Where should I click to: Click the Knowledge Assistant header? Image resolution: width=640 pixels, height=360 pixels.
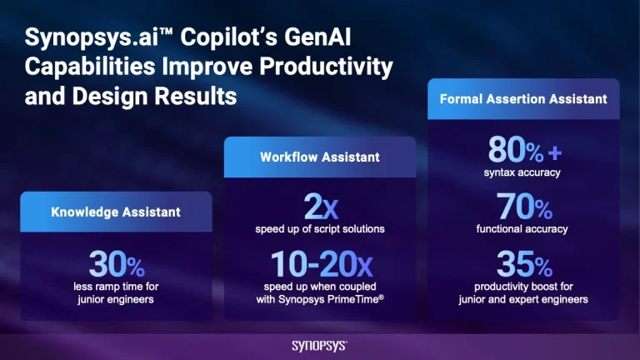point(116,212)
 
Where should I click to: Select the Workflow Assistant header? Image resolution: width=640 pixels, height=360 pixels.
point(320,157)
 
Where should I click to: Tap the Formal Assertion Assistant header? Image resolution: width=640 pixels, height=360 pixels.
point(523,98)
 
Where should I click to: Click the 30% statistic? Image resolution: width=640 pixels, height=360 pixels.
point(116,266)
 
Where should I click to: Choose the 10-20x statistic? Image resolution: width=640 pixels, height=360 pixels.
point(320,265)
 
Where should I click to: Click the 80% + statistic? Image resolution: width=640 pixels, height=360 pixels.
point(523,151)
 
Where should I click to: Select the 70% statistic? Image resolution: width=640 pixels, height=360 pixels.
point(523,207)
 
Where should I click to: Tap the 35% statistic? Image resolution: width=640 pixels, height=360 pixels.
point(523,265)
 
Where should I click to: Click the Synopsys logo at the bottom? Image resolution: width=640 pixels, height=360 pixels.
point(320,345)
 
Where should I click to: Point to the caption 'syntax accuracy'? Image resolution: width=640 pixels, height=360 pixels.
point(523,173)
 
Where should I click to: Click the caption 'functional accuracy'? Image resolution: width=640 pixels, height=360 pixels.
point(523,229)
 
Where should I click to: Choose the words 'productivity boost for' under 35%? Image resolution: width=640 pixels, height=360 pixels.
point(523,287)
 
